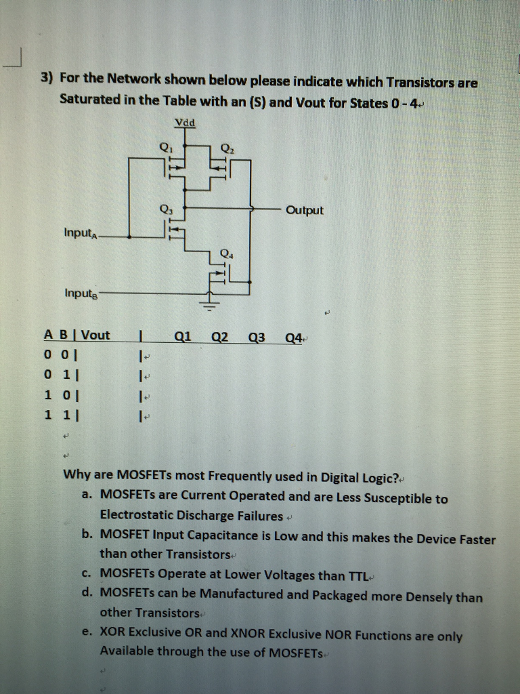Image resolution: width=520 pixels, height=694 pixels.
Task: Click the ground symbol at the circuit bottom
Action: coord(209,301)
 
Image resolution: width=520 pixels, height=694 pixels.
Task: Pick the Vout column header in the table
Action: coord(95,335)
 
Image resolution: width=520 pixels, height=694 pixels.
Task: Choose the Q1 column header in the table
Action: coord(183,335)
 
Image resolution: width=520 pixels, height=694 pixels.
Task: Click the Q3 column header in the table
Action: coord(257,337)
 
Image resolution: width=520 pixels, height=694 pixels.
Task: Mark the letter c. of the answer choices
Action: coord(86,573)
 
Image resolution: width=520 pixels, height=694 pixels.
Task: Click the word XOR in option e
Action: coord(112,632)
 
